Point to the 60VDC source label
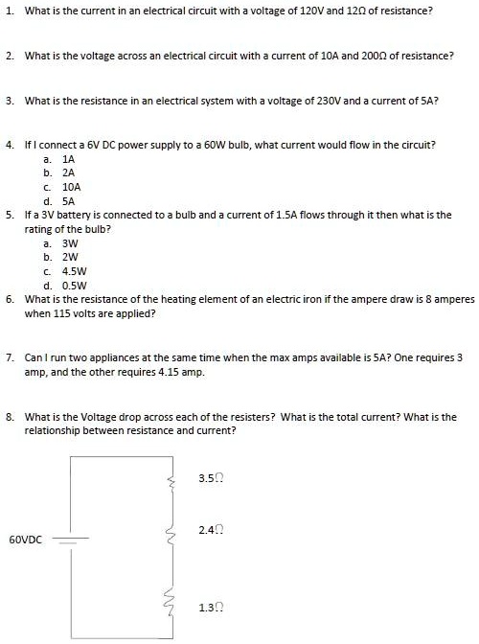(x=25, y=540)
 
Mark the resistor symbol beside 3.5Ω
(x=172, y=477)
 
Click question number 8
(x=9, y=417)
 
